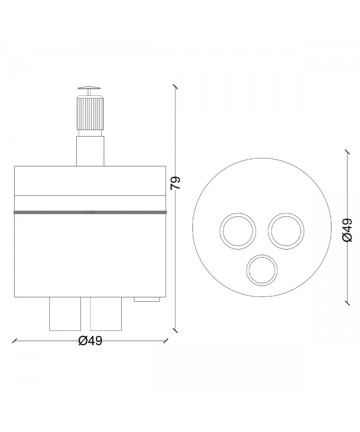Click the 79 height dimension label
point(176,183)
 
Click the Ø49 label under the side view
point(90,341)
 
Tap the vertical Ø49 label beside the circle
point(347,230)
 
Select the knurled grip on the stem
point(90,113)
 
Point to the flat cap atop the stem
point(89,88)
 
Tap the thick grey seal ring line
point(90,212)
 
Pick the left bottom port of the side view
point(65,314)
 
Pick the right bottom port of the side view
point(106,314)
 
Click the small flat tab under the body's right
point(147,299)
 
